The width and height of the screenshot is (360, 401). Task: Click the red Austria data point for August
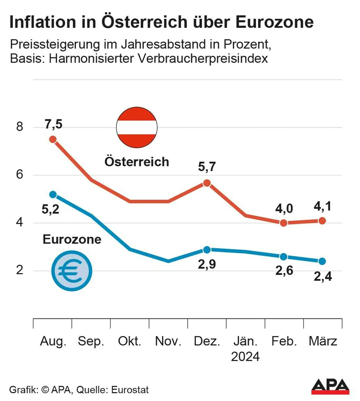click(53, 139)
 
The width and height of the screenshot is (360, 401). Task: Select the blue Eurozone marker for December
click(207, 250)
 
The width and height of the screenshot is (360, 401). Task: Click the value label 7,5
click(53, 124)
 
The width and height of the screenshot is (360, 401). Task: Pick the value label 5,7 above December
click(207, 166)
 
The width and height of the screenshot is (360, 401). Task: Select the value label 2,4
click(323, 276)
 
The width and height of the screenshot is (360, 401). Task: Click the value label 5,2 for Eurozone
click(50, 209)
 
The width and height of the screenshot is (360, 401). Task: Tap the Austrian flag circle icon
click(137, 127)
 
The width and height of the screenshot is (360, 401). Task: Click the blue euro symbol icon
click(72, 271)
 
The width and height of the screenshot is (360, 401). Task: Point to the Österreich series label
click(137, 162)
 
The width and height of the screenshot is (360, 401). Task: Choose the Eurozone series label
click(72, 239)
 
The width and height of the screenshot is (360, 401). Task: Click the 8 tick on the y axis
click(19, 127)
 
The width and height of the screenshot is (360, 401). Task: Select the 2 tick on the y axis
click(19, 270)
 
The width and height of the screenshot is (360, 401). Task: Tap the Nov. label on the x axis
click(168, 341)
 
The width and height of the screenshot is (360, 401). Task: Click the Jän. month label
click(246, 341)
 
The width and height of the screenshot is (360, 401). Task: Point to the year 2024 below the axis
click(245, 357)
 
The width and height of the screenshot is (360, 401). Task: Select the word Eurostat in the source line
click(130, 390)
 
